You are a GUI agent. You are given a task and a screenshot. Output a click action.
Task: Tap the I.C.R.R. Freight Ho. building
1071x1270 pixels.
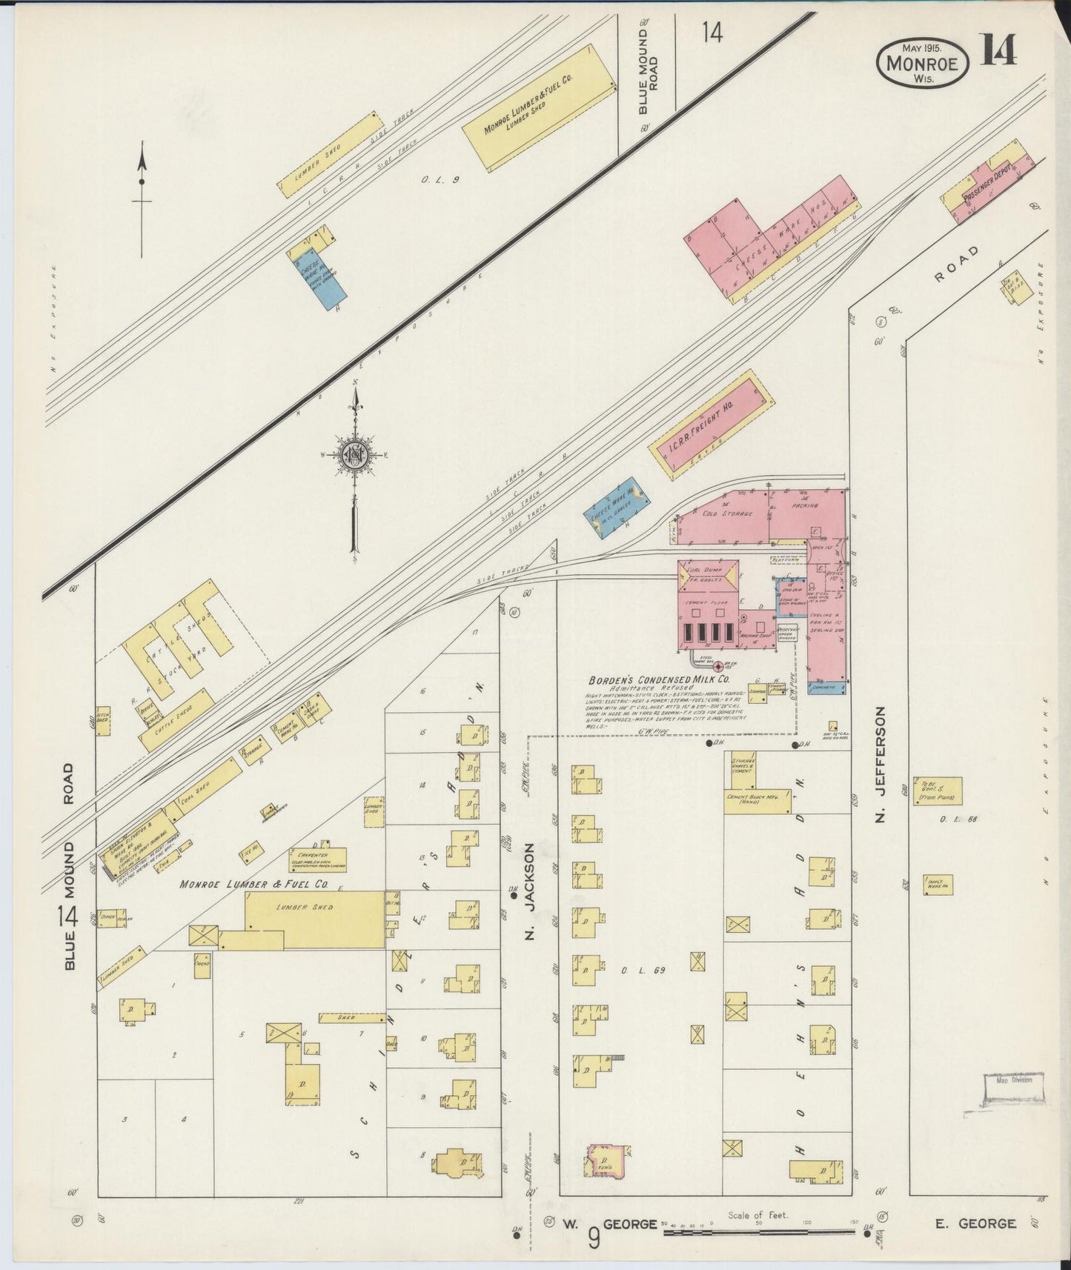click(x=710, y=424)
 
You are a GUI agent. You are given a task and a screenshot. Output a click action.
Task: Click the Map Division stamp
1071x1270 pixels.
click(x=1012, y=1088)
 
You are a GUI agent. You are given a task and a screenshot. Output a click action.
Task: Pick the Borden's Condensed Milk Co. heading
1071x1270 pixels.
click(x=659, y=679)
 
